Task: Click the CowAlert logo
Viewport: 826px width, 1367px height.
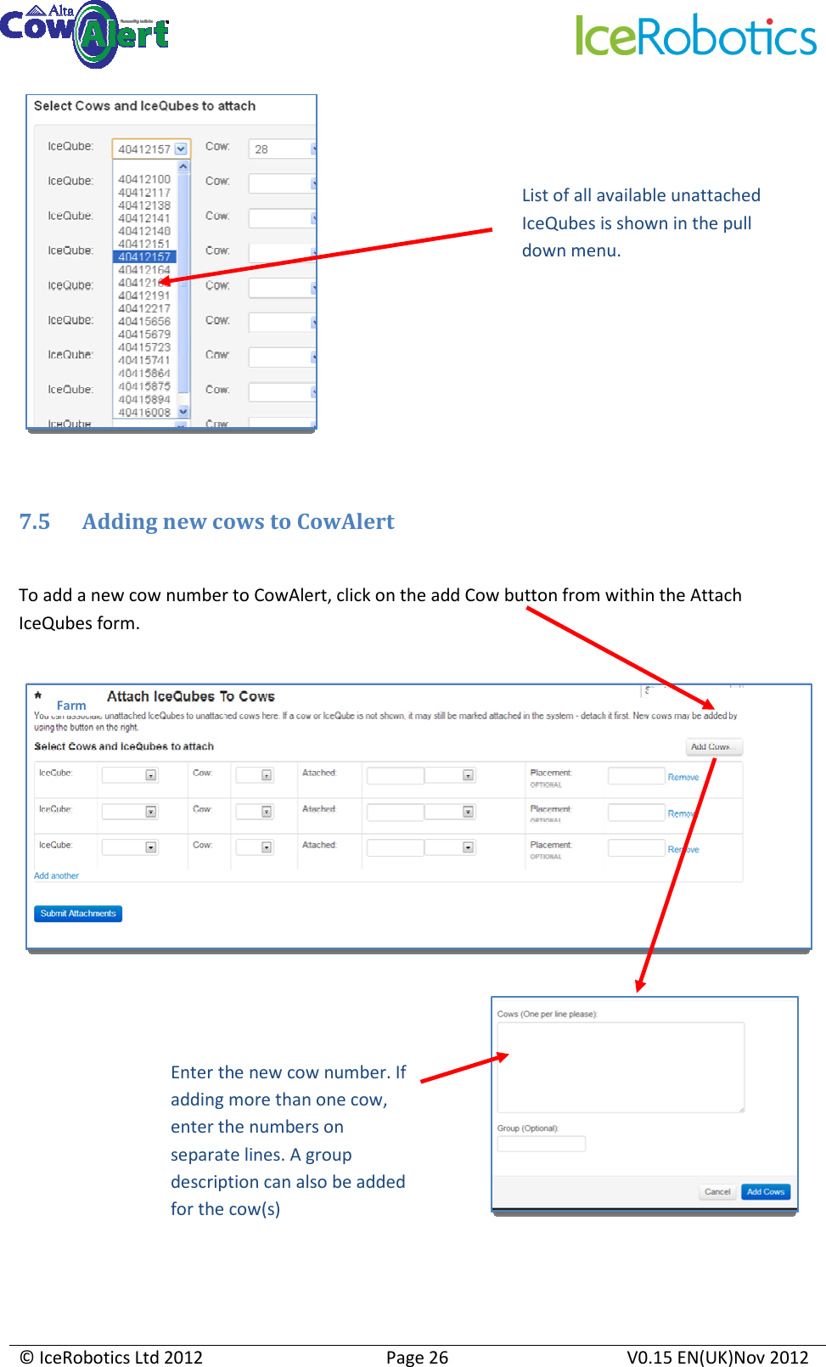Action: point(85,34)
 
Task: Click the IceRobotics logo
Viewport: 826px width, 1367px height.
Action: point(696,37)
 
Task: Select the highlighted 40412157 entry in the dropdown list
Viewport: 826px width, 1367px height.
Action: point(144,256)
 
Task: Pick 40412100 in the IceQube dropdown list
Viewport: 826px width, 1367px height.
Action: point(144,179)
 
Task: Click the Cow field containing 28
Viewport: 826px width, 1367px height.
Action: point(280,149)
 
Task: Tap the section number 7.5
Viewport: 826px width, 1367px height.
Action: point(35,521)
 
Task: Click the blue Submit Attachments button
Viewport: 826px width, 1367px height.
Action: point(78,914)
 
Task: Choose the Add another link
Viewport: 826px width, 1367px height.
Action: point(56,875)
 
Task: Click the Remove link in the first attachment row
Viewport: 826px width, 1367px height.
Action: point(683,777)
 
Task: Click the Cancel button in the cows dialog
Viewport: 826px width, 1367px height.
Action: point(717,1191)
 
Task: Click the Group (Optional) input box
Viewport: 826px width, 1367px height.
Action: point(541,1144)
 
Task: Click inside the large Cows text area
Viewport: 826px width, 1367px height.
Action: point(621,1066)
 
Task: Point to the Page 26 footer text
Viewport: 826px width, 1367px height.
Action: point(417,1357)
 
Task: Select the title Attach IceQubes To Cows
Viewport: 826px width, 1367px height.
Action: point(191,696)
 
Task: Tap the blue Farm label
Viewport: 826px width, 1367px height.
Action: point(71,706)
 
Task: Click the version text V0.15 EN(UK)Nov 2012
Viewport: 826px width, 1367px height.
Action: point(717,1357)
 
